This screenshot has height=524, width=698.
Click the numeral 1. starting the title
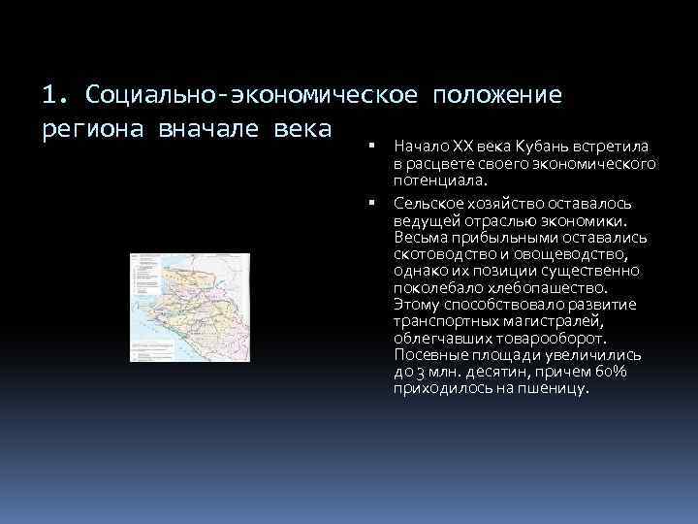click(x=54, y=95)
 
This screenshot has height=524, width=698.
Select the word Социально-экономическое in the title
click(x=251, y=95)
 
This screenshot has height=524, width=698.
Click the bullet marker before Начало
click(x=371, y=146)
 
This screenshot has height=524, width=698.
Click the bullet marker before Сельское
click(x=371, y=203)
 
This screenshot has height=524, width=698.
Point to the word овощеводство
click(x=573, y=255)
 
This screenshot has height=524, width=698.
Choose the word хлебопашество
click(x=549, y=288)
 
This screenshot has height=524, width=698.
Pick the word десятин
click(x=490, y=372)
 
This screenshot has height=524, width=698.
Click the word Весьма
click(x=418, y=239)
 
